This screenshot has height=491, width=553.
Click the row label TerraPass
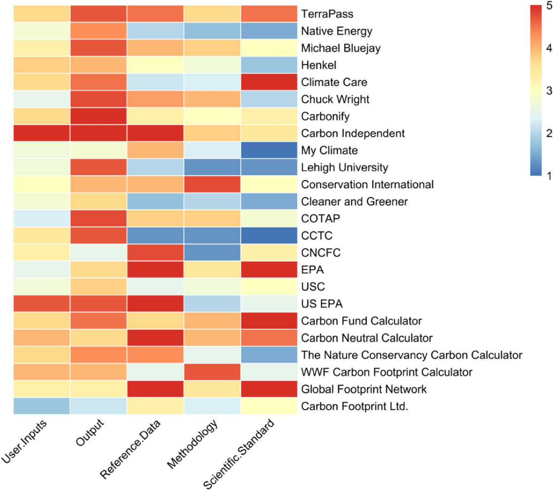327,14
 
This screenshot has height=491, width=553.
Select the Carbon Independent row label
353,133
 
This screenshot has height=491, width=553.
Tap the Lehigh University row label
344,167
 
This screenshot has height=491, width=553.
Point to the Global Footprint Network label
364,389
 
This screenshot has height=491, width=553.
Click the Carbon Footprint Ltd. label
354,406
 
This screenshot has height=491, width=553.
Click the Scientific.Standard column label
239,453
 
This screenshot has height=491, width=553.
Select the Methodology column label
193,444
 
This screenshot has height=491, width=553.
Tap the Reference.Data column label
131,449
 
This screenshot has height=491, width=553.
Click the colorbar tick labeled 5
549,6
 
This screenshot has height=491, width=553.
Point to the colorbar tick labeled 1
549,175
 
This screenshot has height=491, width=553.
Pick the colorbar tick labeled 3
549,91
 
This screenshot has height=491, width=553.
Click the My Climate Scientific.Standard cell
269,150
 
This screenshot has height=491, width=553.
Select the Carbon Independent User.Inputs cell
41,133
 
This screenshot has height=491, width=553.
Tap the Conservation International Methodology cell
212,184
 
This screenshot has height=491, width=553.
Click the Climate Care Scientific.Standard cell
269,82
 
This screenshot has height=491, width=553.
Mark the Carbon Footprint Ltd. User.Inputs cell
41,406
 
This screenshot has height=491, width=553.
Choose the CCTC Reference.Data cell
155,235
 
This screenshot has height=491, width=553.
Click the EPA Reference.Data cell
155,269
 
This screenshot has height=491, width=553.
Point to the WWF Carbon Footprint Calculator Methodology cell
212,372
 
